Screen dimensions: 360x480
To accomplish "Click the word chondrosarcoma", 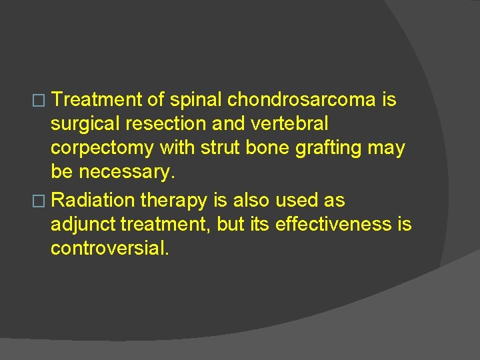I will (302, 100).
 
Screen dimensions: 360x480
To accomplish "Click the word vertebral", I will (291, 124).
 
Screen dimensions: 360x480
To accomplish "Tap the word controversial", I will (110, 248).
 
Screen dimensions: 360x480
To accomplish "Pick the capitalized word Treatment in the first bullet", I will (97, 100).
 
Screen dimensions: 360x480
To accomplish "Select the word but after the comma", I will (231, 223).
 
